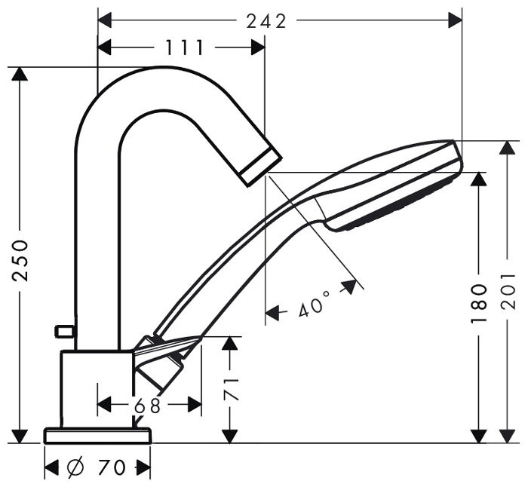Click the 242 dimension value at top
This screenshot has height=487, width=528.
(x=266, y=20)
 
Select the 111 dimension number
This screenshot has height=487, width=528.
(x=185, y=48)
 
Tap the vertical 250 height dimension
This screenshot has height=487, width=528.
(x=22, y=260)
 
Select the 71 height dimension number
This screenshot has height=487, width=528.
(x=232, y=388)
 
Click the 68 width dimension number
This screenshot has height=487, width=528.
(x=148, y=406)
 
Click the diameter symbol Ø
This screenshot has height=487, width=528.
(x=75, y=467)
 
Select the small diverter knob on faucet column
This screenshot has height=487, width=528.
(x=63, y=331)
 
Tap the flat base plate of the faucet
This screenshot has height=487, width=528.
(x=98, y=436)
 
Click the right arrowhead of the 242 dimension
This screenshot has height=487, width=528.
(x=455, y=20)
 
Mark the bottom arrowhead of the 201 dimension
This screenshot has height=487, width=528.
(x=508, y=436)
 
